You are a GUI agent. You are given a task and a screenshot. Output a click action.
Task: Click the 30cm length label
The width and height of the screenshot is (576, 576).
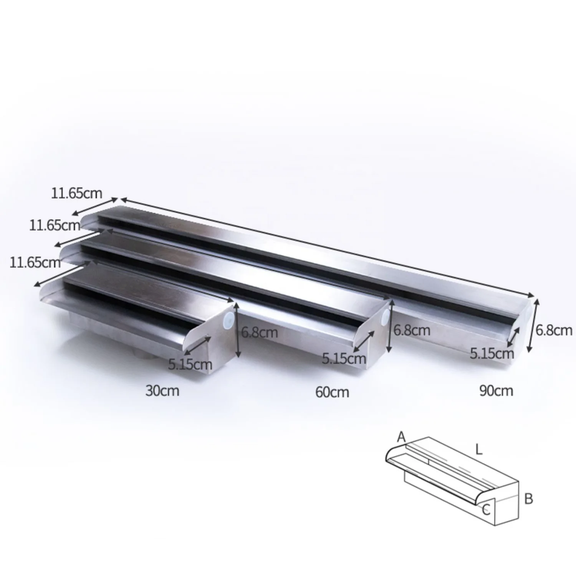(162, 391)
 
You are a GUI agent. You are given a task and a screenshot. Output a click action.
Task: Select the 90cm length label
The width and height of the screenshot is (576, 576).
(496, 391)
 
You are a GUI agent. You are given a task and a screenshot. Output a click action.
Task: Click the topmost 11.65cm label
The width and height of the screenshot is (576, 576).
(77, 193)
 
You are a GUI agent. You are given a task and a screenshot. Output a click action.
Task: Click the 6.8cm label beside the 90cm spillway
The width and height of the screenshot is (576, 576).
(554, 330)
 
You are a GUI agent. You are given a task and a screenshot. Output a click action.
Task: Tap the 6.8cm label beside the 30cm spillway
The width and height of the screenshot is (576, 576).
(259, 332)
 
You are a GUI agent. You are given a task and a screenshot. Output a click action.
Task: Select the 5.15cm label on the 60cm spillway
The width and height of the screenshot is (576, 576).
(344, 359)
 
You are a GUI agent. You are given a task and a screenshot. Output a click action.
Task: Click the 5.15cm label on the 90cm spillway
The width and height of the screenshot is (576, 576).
(492, 353)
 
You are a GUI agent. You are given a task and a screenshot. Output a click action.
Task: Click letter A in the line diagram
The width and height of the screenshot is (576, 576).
(402, 437)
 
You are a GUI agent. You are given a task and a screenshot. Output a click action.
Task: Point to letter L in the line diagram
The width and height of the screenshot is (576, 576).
(478, 450)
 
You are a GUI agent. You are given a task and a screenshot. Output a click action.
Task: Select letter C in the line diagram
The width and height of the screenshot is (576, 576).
(486, 510)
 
